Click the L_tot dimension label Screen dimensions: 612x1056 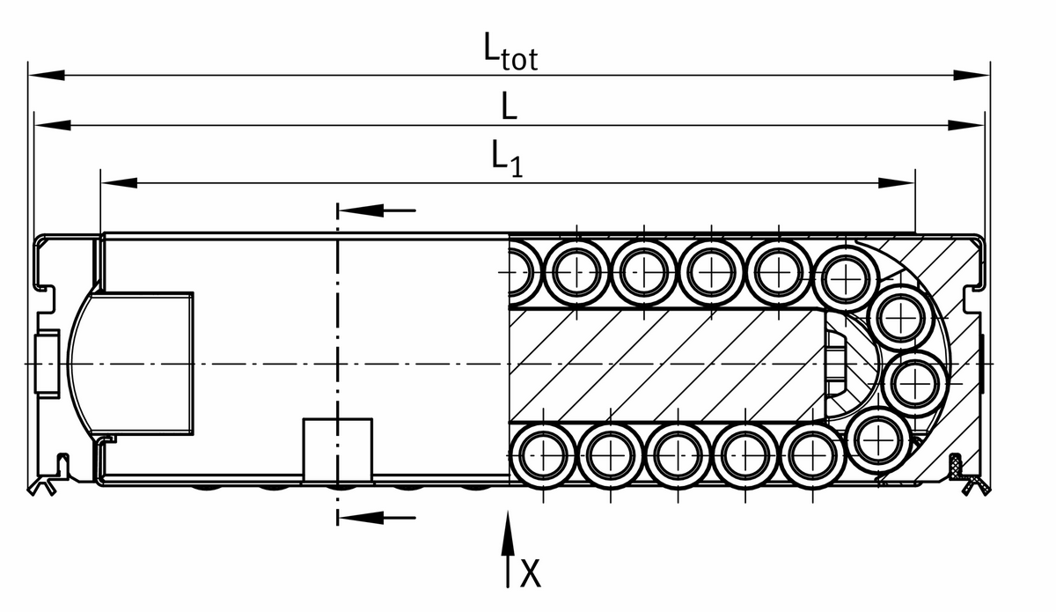pyautogui.click(x=510, y=52)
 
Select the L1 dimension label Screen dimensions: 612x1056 pyautogui.click(x=506, y=159)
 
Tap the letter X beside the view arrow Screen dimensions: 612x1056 pyautogui.click(x=530, y=573)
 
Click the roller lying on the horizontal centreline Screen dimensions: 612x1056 pyautogui.click(x=915, y=381)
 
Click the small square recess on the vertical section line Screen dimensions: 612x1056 pyautogui.click(x=337, y=450)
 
